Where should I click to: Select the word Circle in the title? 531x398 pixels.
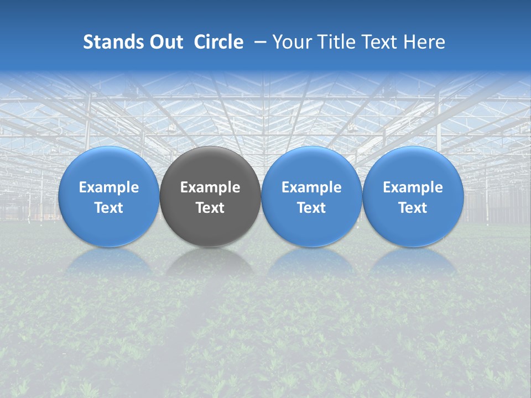(218, 42)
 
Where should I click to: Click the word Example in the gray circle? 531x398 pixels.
(210, 187)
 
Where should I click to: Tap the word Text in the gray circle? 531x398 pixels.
(210, 208)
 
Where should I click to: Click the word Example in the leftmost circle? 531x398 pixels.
(109, 187)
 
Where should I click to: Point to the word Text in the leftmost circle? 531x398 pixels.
(109, 208)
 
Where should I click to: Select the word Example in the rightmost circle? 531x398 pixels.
(413, 187)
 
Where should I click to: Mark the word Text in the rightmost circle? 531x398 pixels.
(413, 208)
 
